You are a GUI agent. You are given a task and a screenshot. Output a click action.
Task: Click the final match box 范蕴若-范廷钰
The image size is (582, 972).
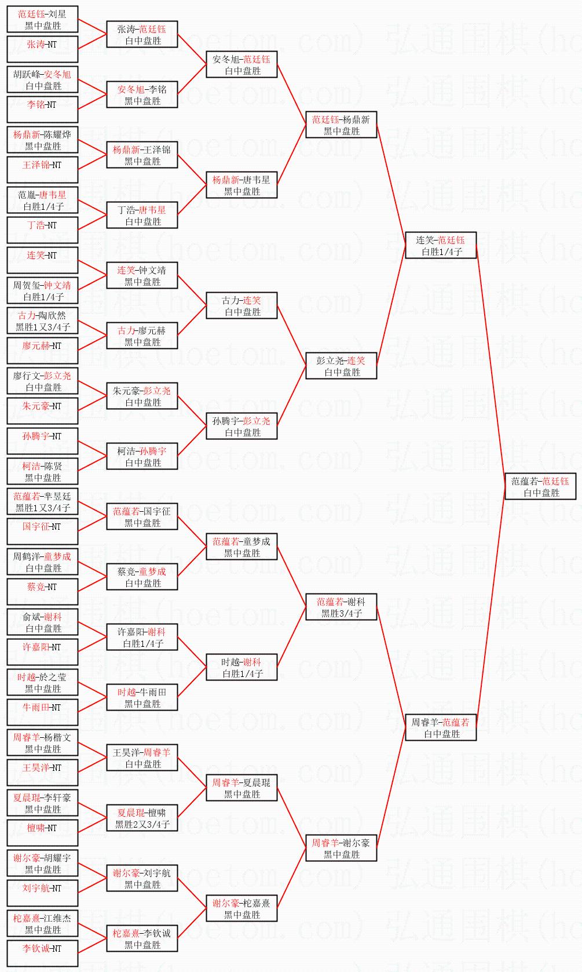[540, 486]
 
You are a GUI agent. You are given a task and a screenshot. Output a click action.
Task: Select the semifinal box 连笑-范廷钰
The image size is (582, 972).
[441, 245]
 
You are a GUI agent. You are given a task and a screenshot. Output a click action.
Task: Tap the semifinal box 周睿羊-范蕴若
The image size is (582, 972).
[441, 727]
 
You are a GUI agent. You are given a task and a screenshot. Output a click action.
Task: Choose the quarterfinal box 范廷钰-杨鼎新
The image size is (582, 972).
[341, 125]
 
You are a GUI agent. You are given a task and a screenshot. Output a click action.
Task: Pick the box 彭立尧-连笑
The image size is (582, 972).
[341, 366]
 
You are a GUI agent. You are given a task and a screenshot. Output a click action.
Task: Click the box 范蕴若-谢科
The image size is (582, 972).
[341, 607]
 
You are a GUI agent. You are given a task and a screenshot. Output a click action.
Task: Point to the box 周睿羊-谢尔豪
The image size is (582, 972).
[341, 848]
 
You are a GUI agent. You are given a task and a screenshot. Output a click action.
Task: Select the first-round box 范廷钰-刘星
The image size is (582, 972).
[42, 19]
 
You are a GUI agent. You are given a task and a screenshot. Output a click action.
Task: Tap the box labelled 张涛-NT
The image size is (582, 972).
[42, 49]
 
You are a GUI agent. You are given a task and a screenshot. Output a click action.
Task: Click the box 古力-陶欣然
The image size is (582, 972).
[42, 321]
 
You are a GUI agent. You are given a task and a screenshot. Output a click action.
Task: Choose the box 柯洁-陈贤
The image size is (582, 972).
[42, 471]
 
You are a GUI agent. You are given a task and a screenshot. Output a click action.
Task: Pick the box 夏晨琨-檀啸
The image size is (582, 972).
[142, 818]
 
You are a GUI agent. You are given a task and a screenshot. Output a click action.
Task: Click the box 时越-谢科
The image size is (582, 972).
[241, 667]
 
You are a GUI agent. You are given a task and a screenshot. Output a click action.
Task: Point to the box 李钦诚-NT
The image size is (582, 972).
[42, 953]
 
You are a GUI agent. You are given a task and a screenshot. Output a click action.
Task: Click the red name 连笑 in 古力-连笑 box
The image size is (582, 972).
[252, 300]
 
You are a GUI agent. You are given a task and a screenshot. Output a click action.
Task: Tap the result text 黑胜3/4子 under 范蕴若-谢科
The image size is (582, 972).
[341, 613]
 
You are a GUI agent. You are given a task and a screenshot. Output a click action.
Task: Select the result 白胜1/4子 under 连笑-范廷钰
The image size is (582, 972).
[442, 252]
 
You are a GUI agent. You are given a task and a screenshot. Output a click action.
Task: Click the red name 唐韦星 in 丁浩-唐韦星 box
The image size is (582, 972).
[152, 210]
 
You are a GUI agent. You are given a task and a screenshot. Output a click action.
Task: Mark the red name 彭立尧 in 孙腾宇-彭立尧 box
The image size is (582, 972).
[257, 421]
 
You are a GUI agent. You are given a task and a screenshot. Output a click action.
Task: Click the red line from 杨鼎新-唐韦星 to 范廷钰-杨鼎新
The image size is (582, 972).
[291, 155]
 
